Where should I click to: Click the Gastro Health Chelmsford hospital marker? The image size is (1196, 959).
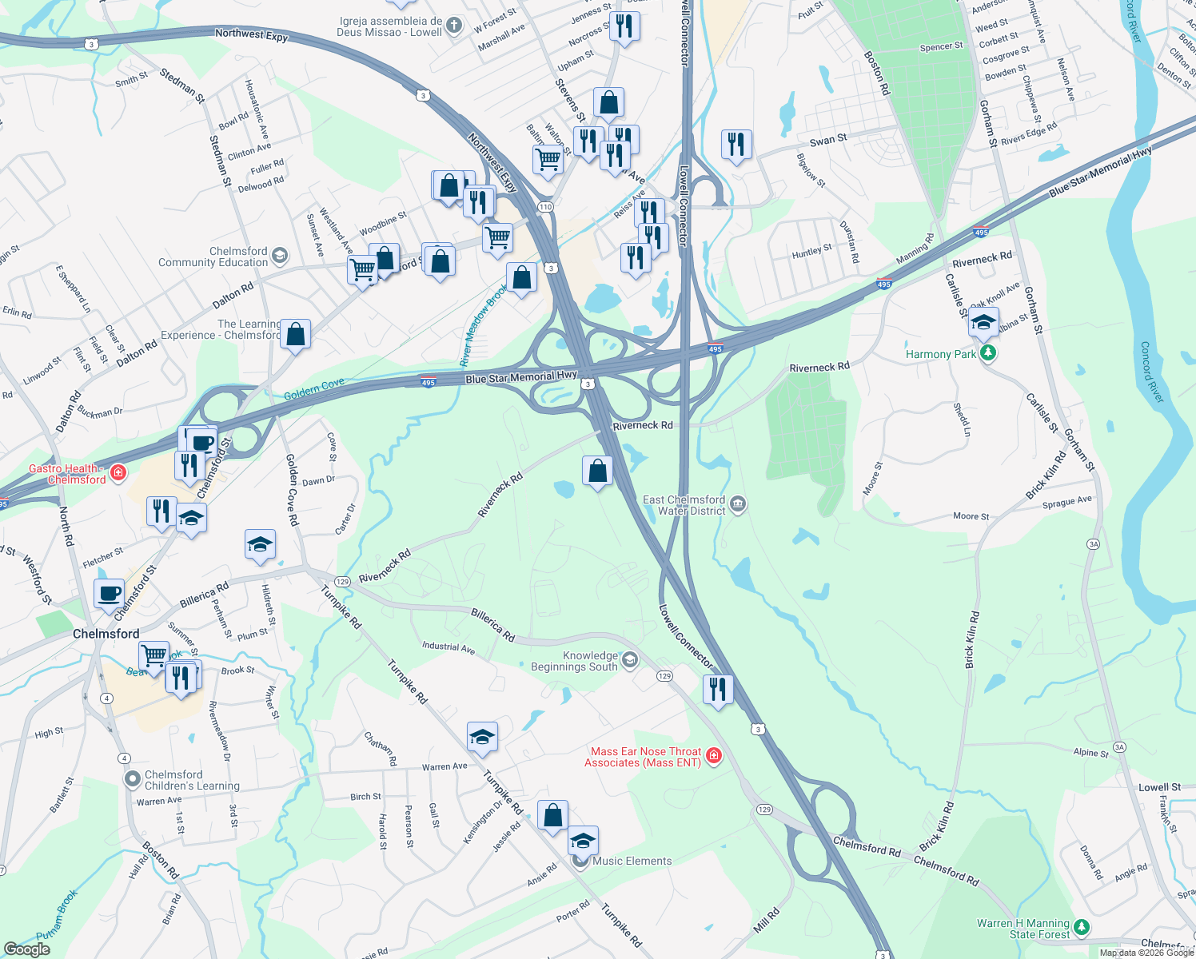[x=118, y=473]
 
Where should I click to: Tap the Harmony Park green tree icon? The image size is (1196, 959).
[x=988, y=353]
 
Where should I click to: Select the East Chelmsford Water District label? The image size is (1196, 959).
[x=684, y=505]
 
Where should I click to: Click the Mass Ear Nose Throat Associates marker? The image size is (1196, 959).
[x=714, y=756]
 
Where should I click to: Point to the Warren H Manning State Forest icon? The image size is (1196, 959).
[x=1081, y=927]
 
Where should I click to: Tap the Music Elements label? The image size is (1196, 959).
[x=632, y=861]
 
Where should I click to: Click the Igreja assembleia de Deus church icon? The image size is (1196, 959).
[x=453, y=26]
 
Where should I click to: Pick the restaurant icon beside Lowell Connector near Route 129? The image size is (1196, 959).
[x=718, y=689]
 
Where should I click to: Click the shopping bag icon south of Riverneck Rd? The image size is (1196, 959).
[x=597, y=472]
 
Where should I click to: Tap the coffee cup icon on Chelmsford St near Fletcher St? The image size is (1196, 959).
[x=109, y=594]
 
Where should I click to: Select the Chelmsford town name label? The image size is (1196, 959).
[x=106, y=634]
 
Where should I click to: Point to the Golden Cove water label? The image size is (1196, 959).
[x=314, y=389]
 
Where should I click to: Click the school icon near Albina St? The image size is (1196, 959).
[x=983, y=323]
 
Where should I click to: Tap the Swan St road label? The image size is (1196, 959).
[x=827, y=140]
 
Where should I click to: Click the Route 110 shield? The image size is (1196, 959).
[x=545, y=207]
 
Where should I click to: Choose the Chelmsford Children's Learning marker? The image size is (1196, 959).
[x=132, y=778]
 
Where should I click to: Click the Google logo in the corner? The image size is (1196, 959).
[x=26, y=949]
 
